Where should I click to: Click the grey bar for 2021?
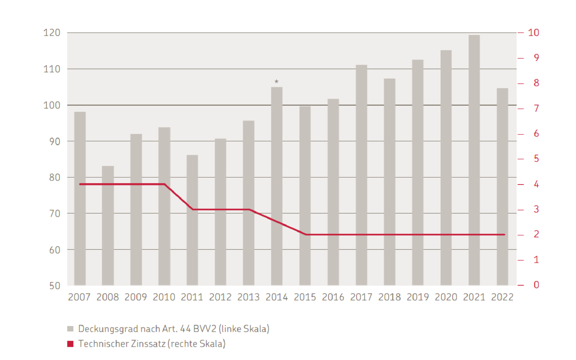click(x=474, y=160)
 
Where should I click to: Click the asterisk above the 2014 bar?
click(x=276, y=82)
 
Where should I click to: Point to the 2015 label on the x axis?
click(x=305, y=297)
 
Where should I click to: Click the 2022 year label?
click(x=502, y=297)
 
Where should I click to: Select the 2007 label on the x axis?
click(x=79, y=297)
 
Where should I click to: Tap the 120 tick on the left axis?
click(x=52, y=33)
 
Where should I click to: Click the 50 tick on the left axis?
click(x=55, y=286)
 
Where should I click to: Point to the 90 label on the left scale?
click(x=55, y=141)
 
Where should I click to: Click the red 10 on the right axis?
click(x=533, y=33)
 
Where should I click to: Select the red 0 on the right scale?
click(x=536, y=285)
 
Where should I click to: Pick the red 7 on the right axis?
click(x=536, y=108)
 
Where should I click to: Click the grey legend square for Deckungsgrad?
click(x=70, y=329)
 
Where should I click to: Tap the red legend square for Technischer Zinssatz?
click(x=70, y=344)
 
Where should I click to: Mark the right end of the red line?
click(x=504, y=235)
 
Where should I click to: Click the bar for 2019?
click(x=418, y=172)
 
